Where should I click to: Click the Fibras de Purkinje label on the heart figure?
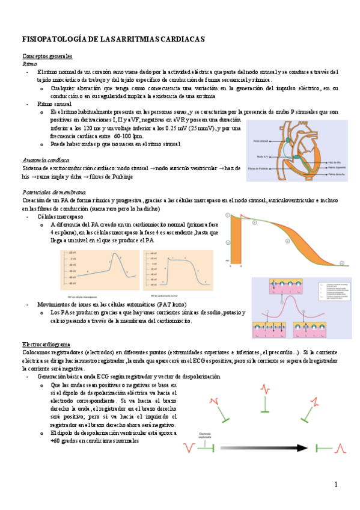click(260, 168)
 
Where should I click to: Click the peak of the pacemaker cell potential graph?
click(111, 256)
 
